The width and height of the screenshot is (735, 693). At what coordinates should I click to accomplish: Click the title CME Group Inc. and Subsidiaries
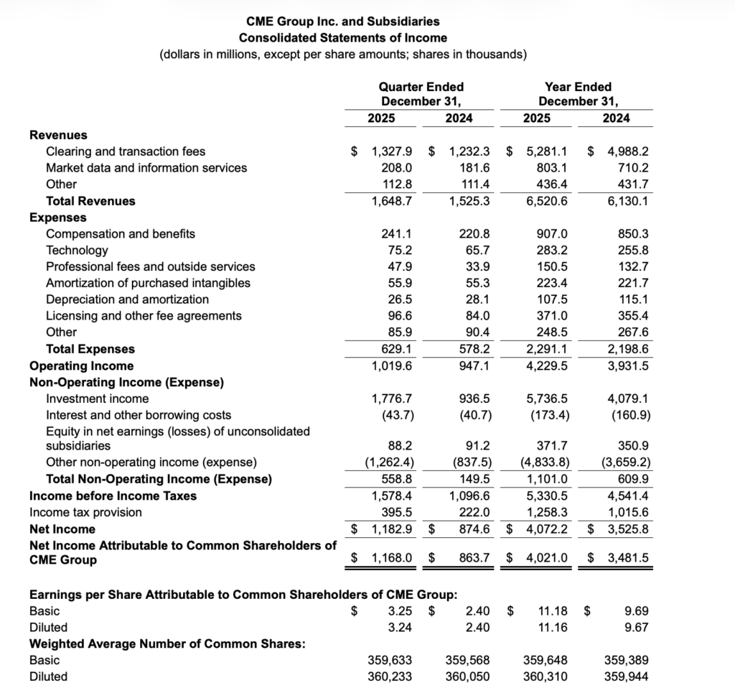click(x=343, y=22)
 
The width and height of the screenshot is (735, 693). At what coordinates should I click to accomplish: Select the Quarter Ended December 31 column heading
click(x=421, y=93)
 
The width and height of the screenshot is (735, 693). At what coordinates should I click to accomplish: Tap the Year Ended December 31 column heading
click(x=578, y=93)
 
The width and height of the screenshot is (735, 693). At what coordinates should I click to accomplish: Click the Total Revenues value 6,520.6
click(x=548, y=201)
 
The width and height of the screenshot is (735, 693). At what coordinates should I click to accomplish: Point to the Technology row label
click(x=77, y=250)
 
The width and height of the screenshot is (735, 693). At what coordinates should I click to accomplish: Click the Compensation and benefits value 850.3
click(x=632, y=233)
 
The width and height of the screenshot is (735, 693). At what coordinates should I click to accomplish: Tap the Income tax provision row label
click(x=85, y=512)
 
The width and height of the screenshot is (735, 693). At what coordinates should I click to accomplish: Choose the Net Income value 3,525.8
click(x=628, y=529)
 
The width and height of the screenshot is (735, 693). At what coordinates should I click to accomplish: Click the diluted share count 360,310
click(x=548, y=676)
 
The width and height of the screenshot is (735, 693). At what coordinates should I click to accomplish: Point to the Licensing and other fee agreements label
click(x=144, y=316)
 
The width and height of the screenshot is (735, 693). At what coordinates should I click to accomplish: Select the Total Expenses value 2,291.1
click(x=548, y=349)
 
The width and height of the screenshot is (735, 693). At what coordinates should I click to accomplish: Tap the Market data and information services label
click(x=146, y=167)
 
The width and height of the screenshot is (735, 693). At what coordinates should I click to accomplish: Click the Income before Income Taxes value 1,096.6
click(x=469, y=496)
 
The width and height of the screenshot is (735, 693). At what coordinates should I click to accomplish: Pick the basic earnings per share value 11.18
click(x=553, y=611)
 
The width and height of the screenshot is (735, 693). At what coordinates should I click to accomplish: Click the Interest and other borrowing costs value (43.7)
click(x=392, y=415)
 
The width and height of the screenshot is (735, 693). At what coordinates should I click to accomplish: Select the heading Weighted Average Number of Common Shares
click(x=167, y=643)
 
